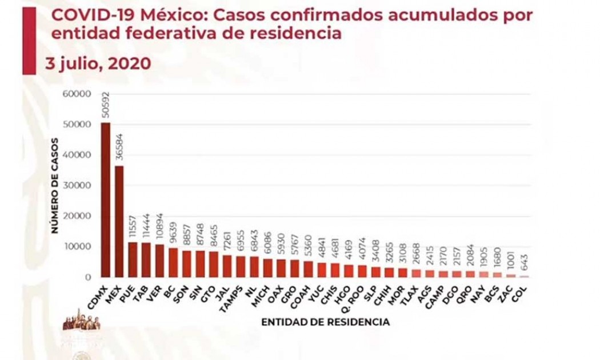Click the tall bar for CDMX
click(x=106, y=200)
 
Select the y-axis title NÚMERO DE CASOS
click(x=55, y=185)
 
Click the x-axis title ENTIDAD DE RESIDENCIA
click(x=325, y=322)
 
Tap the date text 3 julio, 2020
click(x=98, y=63)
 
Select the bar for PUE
click(x=133, y=259)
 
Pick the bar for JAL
click(x=227, y=266)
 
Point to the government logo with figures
click(x=81, y=321)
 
